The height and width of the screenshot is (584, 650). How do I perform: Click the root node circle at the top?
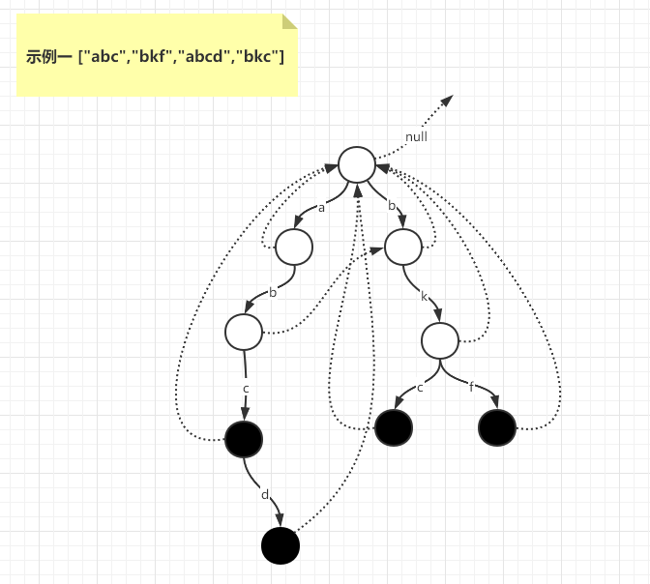tap(357, 164)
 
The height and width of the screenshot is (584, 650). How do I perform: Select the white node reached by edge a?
tap(294, 247)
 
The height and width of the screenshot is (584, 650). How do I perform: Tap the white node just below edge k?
tap(439, 339)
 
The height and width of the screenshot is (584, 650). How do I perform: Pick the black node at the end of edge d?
tap(281, 545)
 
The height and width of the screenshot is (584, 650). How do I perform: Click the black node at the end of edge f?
tap(497, 427)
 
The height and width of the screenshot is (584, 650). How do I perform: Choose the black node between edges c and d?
tap(244, 440)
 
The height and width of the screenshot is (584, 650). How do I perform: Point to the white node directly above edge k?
tap(403, 247)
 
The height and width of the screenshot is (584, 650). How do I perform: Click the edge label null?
tap(416, 137)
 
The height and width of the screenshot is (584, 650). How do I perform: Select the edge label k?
tap(424, 296)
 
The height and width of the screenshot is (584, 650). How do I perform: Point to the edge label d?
tap(265, 495)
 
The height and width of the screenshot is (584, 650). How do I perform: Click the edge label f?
tap(471, 387)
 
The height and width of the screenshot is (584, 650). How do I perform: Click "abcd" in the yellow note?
tap(200, 57)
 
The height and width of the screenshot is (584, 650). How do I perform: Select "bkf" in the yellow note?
tap(149, 57)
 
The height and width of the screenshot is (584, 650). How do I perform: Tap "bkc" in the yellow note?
tap(257, 57)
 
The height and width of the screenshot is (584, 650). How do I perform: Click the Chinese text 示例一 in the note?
tap(49, 57)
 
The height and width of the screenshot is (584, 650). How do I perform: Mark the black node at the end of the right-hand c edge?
tap(394, 427)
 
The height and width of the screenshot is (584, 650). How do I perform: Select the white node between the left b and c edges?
tap(244, 332)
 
